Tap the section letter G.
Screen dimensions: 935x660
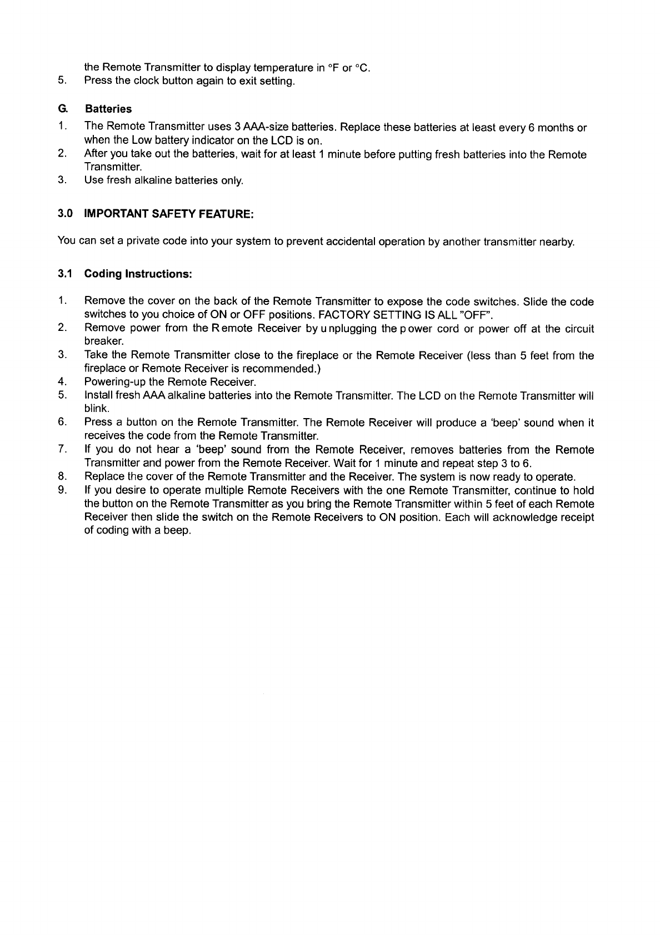[62, 109]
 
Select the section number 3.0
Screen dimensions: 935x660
[64, 214]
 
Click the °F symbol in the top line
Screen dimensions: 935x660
[333, 68]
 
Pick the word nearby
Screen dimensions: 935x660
[558, 242]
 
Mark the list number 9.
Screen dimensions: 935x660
[62, 490]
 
